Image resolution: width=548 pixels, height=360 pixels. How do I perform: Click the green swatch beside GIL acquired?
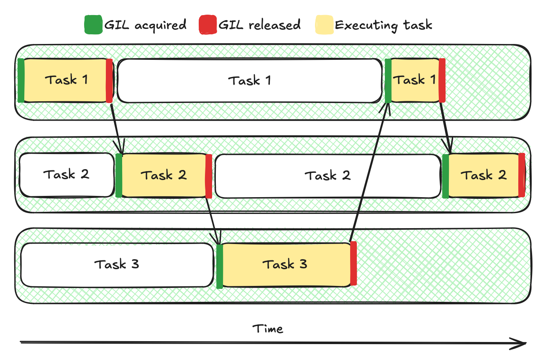93,25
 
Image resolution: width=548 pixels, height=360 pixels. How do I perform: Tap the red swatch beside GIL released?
207,25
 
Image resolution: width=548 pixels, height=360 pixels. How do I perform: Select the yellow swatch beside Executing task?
324,25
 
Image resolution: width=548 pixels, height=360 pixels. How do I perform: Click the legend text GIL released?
259,25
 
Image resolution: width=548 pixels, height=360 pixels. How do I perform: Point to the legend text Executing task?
383,25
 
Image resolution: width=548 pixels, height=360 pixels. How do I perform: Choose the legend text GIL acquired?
145,25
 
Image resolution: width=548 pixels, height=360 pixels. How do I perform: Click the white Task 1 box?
250,81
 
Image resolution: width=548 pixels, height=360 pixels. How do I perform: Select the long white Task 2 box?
328,176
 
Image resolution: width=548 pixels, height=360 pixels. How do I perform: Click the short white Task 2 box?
66,175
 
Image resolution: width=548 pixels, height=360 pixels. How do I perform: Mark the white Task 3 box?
117,265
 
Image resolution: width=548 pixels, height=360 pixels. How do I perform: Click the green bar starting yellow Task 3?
220,266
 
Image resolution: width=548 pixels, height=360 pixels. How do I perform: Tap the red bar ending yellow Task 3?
353,264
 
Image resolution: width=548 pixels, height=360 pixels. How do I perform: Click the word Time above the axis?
268,329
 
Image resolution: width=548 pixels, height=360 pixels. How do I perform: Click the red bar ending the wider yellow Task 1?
109,81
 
